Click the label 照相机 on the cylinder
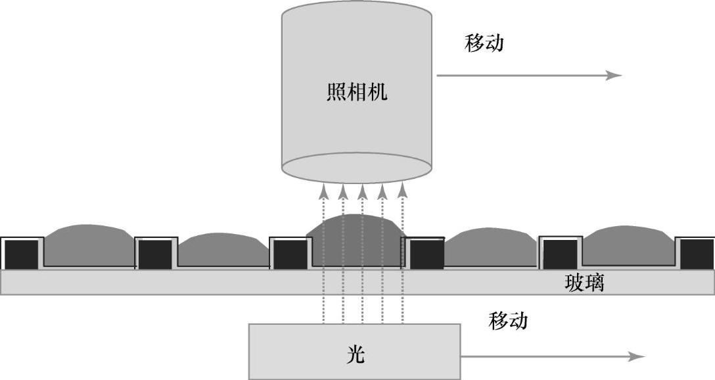(x=357, y=91)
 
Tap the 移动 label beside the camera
(x=484, y=43)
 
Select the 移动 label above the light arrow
(x=508, y=321)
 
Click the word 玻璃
(x=584, y=283)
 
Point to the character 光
(x=356, y=355)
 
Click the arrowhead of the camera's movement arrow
(x=614, y=76)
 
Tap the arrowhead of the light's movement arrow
(x=637, y=356)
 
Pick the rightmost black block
(x=697, y=254)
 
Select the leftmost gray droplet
(x=89, y=245)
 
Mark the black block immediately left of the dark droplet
(x=290, y=254)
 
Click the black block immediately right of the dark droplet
(x=427, y=254)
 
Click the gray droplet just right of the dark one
(x=490, y=247)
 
